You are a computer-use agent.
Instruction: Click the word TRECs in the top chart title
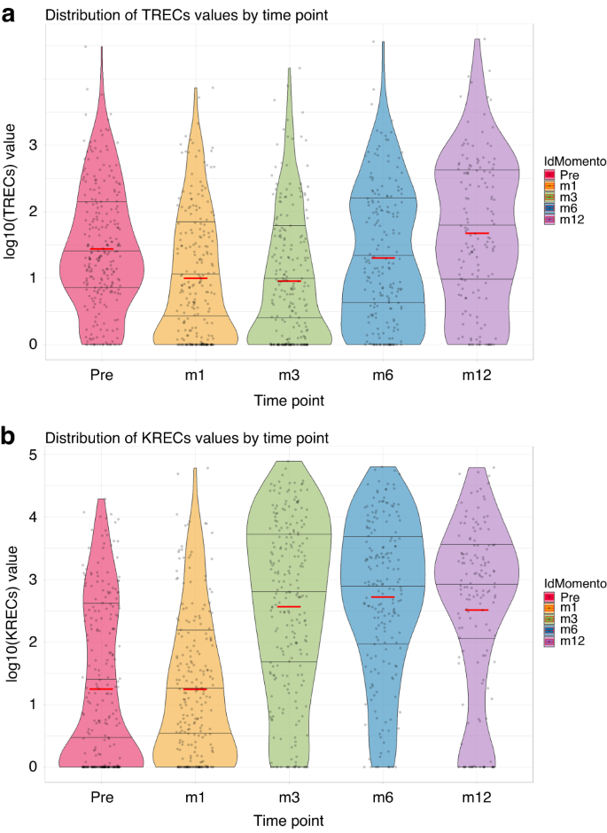(x=152, y=15)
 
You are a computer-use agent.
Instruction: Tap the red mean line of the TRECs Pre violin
(x=101, y=249)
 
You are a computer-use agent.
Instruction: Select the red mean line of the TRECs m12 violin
(x=477, y=233)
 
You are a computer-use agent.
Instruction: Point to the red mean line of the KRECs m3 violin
(x=289, y=607)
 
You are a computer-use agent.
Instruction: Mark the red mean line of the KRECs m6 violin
(x=383, y=597)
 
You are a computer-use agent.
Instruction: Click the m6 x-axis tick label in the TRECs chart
(x=383, y=375)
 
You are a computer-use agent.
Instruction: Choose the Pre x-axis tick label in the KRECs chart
(x=101, y=798)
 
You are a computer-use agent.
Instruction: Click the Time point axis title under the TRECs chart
(x=289, y=401)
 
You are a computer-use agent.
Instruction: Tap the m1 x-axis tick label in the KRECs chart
(x=195, y=798)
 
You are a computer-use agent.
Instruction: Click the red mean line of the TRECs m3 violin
(x=289, y=281)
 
